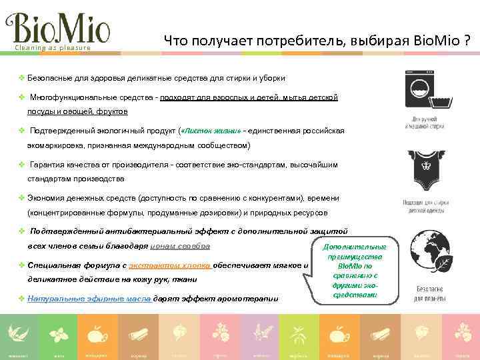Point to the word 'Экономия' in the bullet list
pos(47,198)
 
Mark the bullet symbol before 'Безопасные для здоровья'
pos(21,78)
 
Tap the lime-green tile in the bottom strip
pos(299,336)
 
